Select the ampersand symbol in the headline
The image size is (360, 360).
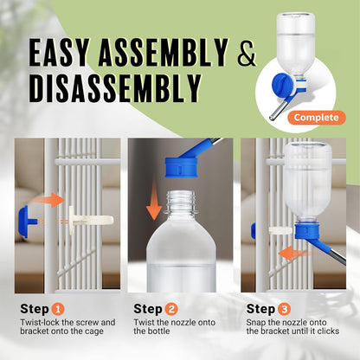pos(247,54)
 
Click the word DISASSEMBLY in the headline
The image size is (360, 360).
pos(116,87)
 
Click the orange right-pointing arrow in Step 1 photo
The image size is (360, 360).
pos(55,200)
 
